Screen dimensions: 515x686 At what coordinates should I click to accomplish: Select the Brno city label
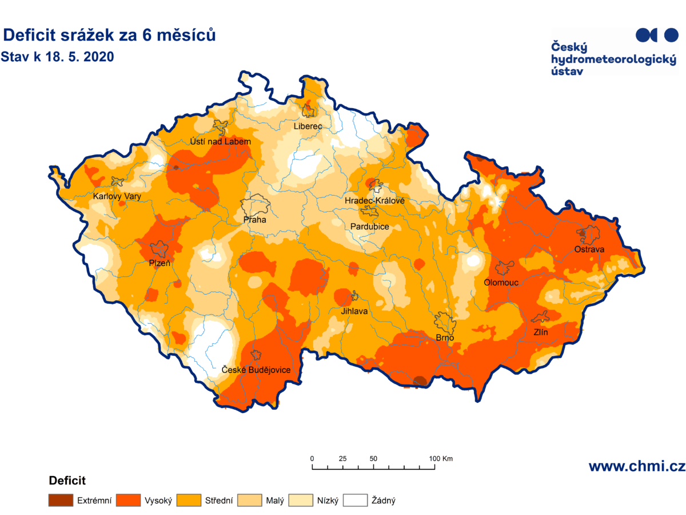click(445, 338)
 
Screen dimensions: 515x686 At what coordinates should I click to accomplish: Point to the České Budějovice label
click(256, 370)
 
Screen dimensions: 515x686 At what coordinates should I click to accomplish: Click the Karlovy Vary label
click(117, 196)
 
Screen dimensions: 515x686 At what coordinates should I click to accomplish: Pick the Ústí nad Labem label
click(220, 141)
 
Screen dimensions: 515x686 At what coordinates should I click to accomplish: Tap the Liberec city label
click(308, 126)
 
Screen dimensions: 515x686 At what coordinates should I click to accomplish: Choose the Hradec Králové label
click(374, 201)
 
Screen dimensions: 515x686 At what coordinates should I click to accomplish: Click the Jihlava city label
click(354, 311)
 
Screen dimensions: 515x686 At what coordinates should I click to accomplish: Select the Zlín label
click(540, 332)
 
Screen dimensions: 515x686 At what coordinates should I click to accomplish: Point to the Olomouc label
click(501, 282)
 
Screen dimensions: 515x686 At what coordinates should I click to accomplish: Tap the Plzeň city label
click(159, 263)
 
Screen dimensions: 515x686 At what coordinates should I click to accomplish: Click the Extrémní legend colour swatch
click(61, 501)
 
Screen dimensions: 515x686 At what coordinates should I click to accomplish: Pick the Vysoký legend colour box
click(128, 501)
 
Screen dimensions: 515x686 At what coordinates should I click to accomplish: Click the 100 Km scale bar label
click(440, 458)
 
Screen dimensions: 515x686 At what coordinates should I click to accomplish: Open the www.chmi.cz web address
click(636, 466)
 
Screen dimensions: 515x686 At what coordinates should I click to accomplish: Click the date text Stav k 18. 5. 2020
click(58, 57)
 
